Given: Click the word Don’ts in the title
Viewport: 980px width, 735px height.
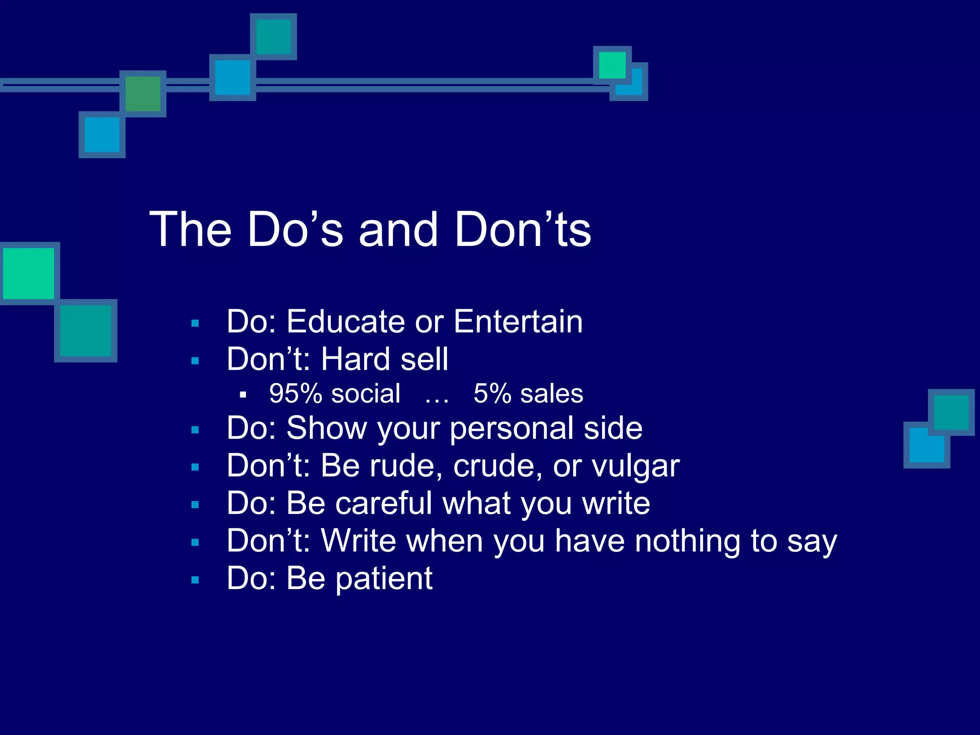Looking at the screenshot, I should tap(523, 230).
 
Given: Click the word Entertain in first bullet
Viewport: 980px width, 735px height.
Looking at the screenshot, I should tap(518, 322).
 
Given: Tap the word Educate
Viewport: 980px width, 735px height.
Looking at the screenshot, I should tap(345, 322).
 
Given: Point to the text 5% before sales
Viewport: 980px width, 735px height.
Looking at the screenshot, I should tap(492, 394).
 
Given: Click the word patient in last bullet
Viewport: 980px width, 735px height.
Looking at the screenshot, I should tap(384, 579).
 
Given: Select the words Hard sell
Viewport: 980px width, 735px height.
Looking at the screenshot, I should tap(385, 359).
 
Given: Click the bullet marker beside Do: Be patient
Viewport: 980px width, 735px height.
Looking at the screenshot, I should tap(195, 580).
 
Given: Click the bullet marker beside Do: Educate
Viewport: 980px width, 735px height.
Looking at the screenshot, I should tap(195, 323).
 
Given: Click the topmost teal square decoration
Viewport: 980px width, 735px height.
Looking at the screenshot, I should tap(273, 37).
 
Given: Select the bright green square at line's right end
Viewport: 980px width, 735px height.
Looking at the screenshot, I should tap(612, 65).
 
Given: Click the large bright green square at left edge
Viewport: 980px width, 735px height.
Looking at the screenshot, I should tap(29, 273).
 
